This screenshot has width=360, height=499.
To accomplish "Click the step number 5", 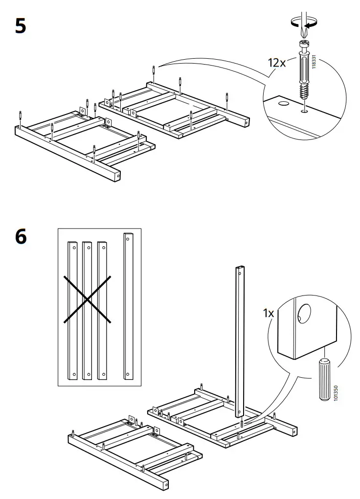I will tap(20, 25).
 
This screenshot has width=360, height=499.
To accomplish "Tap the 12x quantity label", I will tap(277, 63).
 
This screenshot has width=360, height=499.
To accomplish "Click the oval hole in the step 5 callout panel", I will tap(282, 104).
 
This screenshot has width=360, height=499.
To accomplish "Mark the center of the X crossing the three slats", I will tap(88, 299).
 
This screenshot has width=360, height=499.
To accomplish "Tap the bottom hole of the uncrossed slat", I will tap(128, 375).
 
